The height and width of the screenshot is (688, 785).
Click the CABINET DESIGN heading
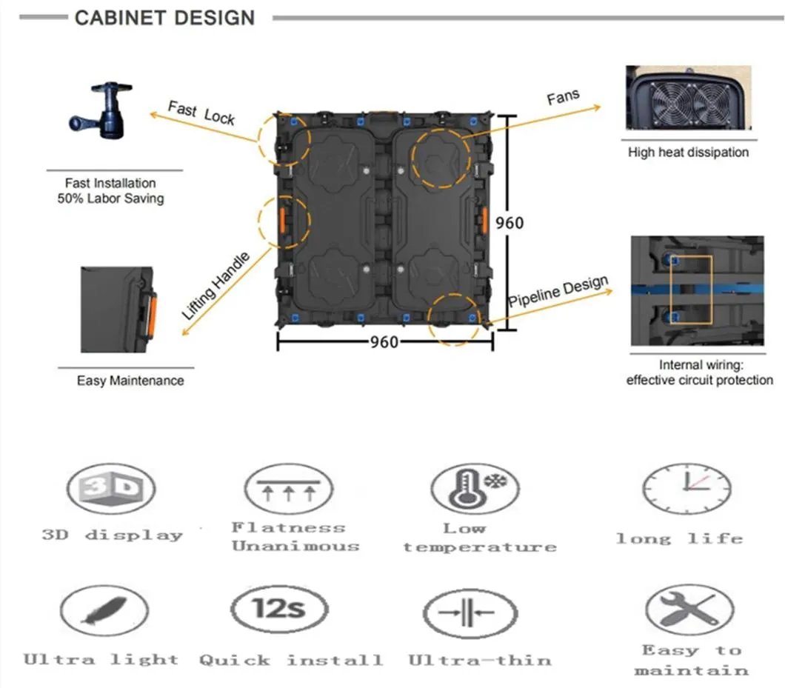[x=164, y=18]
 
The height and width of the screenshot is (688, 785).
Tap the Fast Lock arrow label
[x=201, y=113]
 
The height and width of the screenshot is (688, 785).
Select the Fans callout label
[x=563, y=98]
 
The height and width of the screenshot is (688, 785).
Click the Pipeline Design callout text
[x=558, y=292]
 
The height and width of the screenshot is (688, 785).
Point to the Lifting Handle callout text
[x=216, y=285]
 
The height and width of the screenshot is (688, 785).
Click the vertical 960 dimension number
[x=510, y=222]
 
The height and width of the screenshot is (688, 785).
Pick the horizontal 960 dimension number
[x=384, y=341]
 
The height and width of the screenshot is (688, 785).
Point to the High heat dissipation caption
[x=688, y=153]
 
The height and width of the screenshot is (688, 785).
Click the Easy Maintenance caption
[x=130, y=381]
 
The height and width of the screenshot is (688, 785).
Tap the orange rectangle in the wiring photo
[x=690, y=290]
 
